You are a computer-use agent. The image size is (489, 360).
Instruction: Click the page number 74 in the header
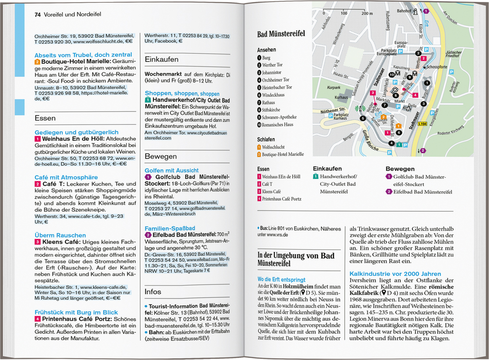37,14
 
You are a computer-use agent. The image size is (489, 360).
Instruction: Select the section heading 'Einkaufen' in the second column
162,59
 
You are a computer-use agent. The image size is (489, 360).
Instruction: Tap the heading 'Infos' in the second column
153,291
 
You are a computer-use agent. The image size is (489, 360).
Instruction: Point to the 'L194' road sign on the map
422,124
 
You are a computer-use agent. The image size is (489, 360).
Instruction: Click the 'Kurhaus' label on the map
341,97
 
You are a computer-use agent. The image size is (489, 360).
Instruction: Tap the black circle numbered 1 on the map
427,83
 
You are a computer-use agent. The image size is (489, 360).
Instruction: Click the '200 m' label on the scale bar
365,13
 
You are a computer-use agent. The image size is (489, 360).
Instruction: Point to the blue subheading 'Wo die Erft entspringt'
281,279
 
